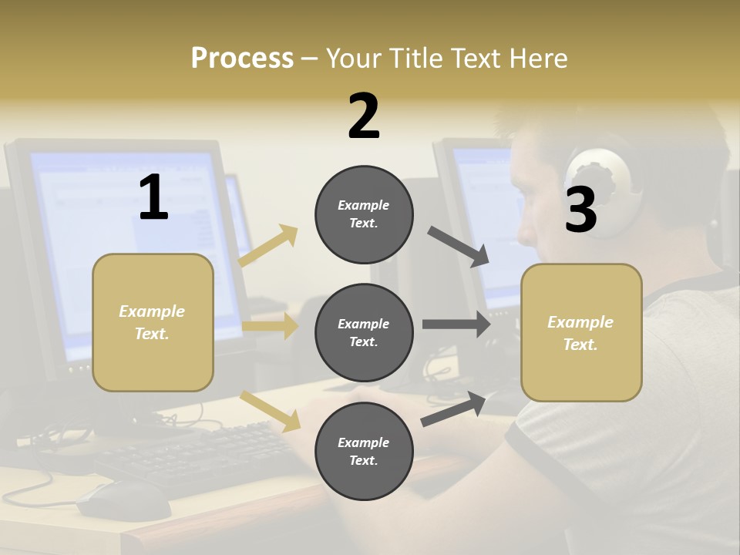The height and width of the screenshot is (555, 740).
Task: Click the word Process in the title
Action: [x=242, y=58]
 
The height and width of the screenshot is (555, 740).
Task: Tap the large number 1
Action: [x=153, y=198]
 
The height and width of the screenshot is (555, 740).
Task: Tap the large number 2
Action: [x=364, y=116]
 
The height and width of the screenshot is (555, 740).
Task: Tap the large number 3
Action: [x=580, y=210]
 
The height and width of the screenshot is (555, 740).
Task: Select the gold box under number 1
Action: [x=153, y=322]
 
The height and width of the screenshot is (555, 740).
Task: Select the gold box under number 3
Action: [x=581, y=332]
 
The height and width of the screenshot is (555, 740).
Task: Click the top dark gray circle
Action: [x=364, y=214]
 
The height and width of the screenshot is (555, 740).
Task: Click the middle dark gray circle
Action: [x=364, y=332]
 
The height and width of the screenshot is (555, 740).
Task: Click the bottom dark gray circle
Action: [x=364, y=451]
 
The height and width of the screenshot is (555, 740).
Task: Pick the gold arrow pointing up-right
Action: [x=269, y=246]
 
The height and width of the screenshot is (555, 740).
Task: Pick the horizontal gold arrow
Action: [x=270, y=326]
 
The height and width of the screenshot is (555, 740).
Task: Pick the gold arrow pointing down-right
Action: [x=270, y=410]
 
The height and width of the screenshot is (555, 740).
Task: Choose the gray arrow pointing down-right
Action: [x=459, y=247]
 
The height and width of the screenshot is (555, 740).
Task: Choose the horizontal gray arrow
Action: [x=456, y=325]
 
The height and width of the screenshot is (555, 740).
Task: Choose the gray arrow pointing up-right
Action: [x=454, y=409]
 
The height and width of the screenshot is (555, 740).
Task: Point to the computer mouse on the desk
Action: [x=123, y=501]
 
